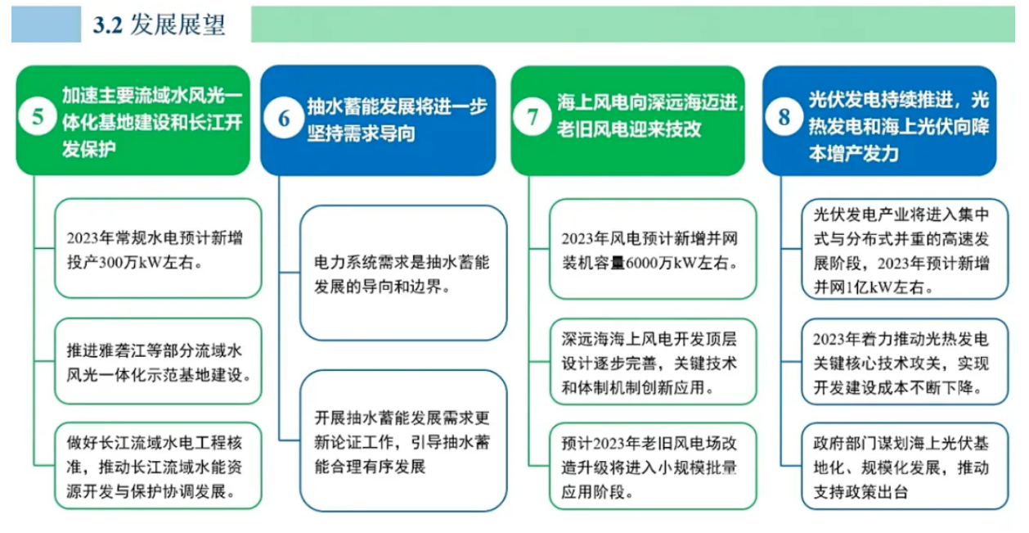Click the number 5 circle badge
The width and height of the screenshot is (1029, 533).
(38, 116)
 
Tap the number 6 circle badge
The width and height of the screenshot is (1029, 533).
(284, 119)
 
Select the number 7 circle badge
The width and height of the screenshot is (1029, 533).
(532, 116)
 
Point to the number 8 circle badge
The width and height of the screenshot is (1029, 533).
(784, 116)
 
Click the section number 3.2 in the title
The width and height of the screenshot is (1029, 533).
(108, 25)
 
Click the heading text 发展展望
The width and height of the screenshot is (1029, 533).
(177, 25)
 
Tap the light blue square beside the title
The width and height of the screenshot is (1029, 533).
(46, 25)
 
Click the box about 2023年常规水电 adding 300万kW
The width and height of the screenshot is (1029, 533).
(158, 248)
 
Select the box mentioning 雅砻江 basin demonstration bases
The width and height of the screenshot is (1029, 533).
(158, 361)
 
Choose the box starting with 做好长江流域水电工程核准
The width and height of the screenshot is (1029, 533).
(158, 466)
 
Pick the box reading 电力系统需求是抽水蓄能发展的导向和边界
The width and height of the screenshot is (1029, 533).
(403, 273)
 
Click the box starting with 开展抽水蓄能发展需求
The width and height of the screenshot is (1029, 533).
(403, 440)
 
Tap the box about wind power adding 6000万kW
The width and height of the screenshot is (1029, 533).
(653, 249)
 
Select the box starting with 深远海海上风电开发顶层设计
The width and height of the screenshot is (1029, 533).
(653, 361)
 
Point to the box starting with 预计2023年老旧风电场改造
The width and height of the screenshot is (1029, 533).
(653, 467)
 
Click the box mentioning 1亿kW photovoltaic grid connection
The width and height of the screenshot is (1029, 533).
(905, 249)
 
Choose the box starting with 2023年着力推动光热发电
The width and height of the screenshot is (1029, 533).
(905, 361)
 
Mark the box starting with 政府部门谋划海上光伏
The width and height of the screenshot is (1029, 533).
(905, 467)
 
